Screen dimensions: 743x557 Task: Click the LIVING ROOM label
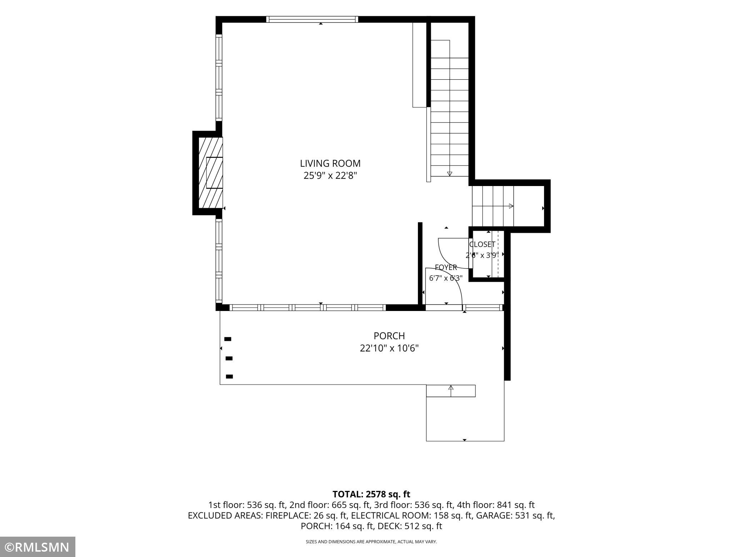point(330,164)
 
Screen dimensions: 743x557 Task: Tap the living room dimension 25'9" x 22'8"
point(330,176)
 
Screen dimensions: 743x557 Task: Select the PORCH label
point(389,336)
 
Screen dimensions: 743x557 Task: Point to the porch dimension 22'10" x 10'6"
point(389,348)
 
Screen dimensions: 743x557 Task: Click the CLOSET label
point(482,245)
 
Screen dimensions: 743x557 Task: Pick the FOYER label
point(446,267)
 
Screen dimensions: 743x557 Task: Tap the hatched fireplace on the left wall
point(211,173)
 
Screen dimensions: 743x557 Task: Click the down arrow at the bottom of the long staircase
point(450,174)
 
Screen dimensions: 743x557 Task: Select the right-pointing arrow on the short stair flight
point(511,206)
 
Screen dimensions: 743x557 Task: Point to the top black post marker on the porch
point(228,339)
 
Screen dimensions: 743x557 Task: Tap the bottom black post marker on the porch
point(229,376)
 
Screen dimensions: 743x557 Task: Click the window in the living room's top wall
point(312,19)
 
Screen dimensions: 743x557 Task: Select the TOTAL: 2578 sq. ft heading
point(371,494)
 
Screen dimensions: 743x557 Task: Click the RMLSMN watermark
point(38,547)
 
